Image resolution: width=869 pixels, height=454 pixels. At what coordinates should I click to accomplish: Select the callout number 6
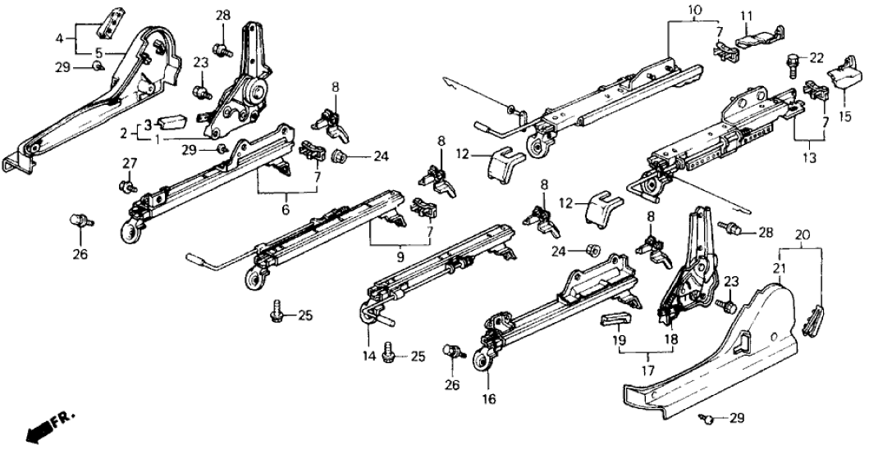click(286, 211)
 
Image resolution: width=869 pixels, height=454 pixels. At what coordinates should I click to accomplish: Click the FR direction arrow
click(37, 429)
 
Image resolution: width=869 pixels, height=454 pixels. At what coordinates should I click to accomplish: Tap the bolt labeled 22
click(794, 60)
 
